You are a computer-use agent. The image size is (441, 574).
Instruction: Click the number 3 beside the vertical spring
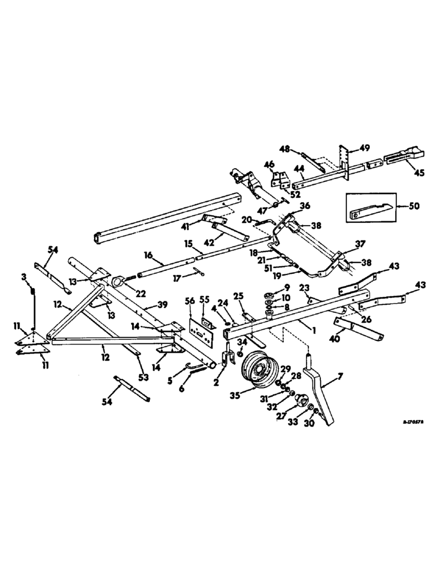click(24, 277)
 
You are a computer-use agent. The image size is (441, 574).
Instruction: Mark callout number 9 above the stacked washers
click(287, 288)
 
